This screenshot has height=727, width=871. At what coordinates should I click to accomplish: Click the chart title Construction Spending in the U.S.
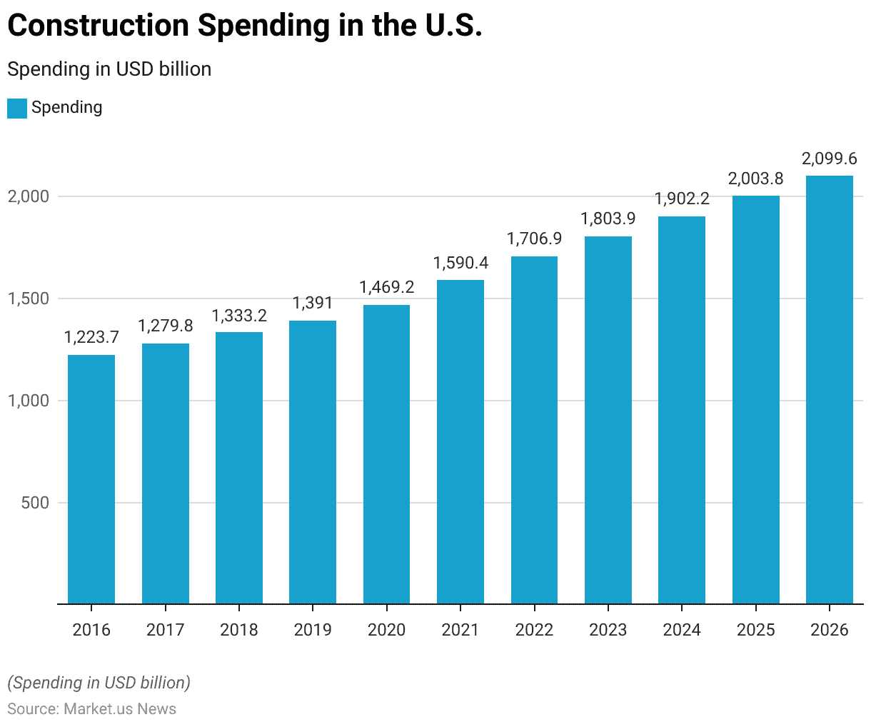point(244,26)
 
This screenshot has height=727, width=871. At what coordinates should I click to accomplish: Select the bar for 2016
point(91,479)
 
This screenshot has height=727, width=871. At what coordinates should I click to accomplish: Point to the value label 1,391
point(313,303)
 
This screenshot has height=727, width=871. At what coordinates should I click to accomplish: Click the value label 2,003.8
point(755,179)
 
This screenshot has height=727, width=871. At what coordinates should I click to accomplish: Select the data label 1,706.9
point(534,239)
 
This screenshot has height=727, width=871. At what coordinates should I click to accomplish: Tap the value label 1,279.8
point(165,326)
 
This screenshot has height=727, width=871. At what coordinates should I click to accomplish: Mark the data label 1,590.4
point(460,263)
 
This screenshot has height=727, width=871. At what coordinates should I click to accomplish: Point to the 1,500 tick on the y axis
point(29,299)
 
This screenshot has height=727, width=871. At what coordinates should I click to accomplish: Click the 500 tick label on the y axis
point(34,503)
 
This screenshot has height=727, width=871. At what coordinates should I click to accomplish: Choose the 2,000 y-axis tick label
point(29,196)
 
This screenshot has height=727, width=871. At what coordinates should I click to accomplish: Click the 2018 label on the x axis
point(239,630)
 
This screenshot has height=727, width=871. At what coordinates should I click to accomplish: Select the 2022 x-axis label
point(534,630)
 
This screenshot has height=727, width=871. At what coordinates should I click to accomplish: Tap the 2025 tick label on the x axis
point(755,630)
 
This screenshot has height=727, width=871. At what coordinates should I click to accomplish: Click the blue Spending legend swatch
point(17,109)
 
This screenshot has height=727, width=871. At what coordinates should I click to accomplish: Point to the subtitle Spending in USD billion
point(109,69)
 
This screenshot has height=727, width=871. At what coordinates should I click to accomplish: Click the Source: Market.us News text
point(91,709)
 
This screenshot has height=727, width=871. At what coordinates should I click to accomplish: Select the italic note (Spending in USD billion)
point(99,683)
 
